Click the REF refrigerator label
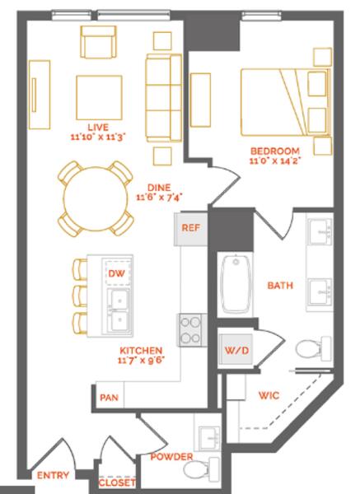tap(191, 227)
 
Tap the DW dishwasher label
tap(116, 273)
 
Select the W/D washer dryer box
tap(236, 350)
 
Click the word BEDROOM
tap(274, 151)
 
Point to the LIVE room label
tap(98, 128)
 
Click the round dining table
tap(96, 199)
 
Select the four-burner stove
tap(191, 330)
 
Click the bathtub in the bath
tap(236, 285)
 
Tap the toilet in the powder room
tap(201, 470)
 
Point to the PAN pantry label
tap(109, 398)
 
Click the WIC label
tap(269, 395)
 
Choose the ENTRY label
tap(53, 475)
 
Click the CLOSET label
tap(117, 482)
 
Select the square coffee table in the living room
tap(99, 98)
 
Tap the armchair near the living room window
tap(98, 42)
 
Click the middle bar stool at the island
tap(80, 296)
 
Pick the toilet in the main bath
tap(314, 349)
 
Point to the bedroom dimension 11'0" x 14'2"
tap(274, 161)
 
